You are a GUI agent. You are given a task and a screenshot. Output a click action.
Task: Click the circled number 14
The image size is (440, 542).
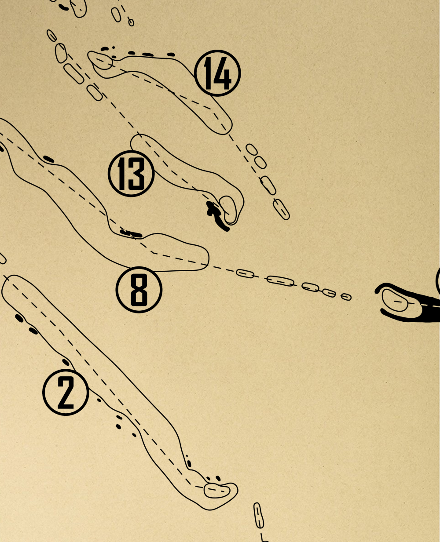pyautogui.click(x=217, y=73)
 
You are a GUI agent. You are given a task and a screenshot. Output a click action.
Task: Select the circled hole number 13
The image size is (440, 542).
pyautogui.click(x=131, y=174)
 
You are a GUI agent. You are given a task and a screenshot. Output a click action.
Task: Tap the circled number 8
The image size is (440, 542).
pyautogui.click(x=139, y=290)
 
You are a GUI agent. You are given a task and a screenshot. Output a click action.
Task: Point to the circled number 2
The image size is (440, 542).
pyautogui.click(x=66, y=393)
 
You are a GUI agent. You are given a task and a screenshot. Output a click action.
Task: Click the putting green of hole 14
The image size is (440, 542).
pyautogui.click(x=101, y=61)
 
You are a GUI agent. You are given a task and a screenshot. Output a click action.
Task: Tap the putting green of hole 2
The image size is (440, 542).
pyautogui.click(x=217, y=491)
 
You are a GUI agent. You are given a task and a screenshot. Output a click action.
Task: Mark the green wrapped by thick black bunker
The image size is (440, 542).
pyautogui.click(x=395, y=301)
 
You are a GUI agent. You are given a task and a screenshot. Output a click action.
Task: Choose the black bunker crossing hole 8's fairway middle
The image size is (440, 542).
pyautogui.click(x=131, y=233)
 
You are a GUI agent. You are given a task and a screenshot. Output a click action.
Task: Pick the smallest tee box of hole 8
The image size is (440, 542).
pyautogui.click(x=346, y=297)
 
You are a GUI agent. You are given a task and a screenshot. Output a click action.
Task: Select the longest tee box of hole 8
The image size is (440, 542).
pyautogui.click(x=281, y=281)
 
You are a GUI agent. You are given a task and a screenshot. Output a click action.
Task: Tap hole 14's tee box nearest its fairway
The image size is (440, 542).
pyautogui.click(x=252, y=149)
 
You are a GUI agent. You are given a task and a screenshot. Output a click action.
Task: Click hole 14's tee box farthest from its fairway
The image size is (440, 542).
pyautogui.click(x=281, y=209)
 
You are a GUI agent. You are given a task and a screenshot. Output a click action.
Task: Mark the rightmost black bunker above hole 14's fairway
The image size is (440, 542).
pyautogui.click(x=171, y=55)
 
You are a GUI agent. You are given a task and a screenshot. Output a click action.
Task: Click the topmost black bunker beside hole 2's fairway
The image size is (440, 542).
pyautogui.click(x=19, y=318)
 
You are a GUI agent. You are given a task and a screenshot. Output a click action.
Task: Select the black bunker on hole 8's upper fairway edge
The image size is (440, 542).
pyautogui.click(x=49, y=159)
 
